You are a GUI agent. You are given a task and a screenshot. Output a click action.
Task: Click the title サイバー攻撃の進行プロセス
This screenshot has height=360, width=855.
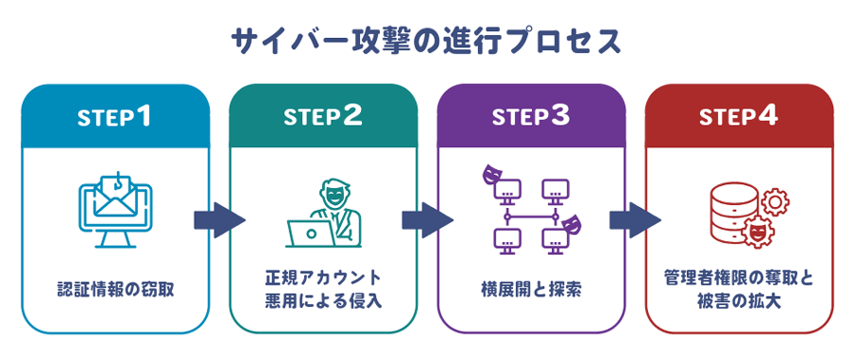point(427,42)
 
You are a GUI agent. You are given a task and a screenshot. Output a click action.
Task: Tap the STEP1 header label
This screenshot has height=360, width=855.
point(114,118)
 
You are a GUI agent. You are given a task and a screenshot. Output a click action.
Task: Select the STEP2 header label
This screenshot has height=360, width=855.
point(323,118)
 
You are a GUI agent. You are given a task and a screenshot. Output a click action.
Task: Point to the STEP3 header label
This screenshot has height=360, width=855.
point(530,118)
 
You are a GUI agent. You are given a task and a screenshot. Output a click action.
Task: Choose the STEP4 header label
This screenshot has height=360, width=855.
point(739,118)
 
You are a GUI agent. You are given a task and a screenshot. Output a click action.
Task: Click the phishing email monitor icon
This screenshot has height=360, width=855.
point(114,209)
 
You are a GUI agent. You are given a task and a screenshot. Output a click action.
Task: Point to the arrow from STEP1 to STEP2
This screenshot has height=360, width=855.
point(219,220)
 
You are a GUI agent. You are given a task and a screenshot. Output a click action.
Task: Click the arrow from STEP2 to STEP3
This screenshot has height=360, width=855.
point(427,220)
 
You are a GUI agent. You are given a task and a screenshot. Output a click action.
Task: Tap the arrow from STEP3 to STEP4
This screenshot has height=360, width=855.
point(636,220)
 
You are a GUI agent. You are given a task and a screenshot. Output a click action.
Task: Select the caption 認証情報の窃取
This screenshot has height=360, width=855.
point(116,290)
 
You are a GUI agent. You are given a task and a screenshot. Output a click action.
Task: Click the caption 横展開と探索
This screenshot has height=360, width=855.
point(532,290)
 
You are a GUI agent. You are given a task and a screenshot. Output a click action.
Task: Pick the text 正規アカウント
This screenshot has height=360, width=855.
point(323,278)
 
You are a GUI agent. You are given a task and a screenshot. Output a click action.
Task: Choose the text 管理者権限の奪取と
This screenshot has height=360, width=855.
point(739,278)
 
